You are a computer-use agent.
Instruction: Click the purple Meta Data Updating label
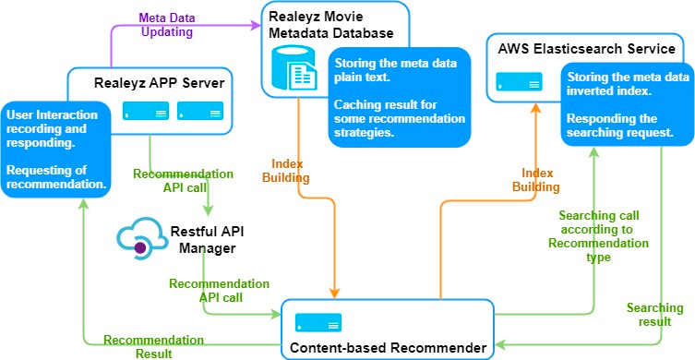pos(166,24)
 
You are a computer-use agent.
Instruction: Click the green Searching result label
pos(654,315)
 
